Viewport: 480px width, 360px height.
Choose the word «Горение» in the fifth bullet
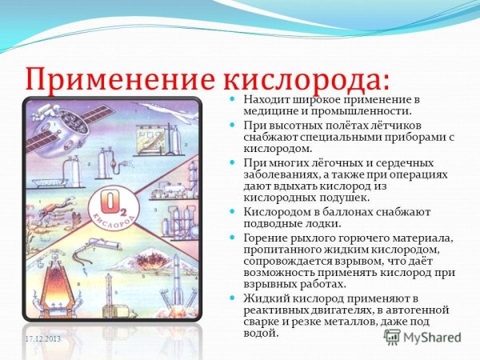(265, 238)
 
